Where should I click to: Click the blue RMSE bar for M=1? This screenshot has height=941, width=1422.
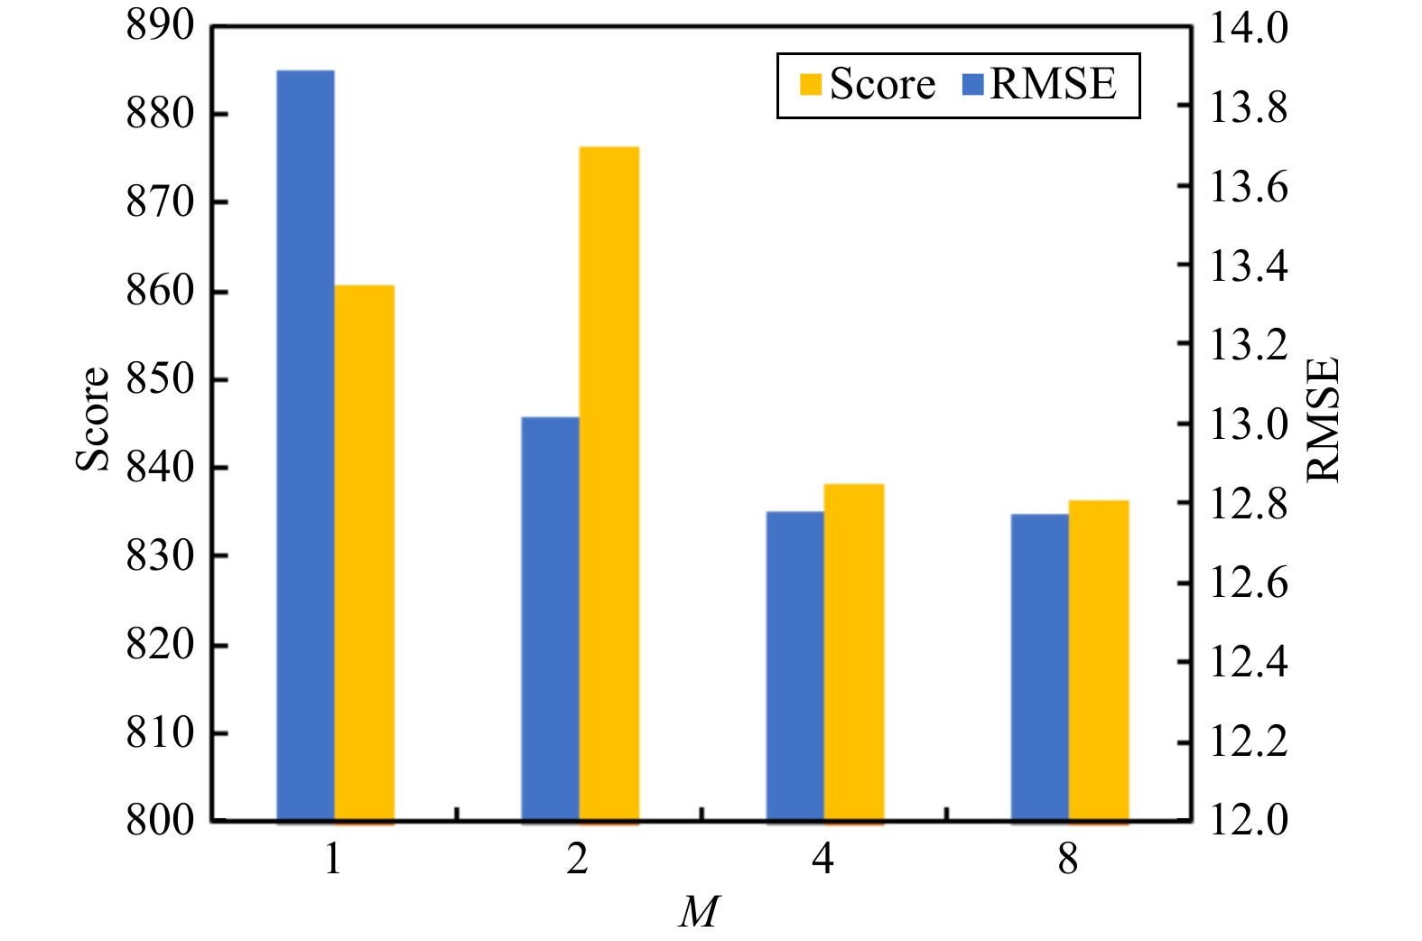[x=306, y=447]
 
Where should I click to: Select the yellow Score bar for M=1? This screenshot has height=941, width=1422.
[x=365, y=555]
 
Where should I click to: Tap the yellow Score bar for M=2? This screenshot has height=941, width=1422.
[x=609, y=486]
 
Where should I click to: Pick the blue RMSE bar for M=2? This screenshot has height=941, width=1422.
[x=551, y=620]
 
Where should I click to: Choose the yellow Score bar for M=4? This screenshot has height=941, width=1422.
[x=854, y=654]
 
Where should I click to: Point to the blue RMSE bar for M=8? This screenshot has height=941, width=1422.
[x=1040, y=669]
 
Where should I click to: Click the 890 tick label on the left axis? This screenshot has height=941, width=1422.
[x=160, y=27]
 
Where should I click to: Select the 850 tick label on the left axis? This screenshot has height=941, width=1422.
[x=160, y=380]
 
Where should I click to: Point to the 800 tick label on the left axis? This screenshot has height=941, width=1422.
[x=160, y=821]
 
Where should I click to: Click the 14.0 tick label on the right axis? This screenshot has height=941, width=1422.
[x=1250, y=29]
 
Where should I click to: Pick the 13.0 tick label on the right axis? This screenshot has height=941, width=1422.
[x=1250, y=424]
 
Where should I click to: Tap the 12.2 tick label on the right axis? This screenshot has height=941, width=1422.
[x=1250, y=742]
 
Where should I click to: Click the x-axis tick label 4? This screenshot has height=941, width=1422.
[x=823, y=861]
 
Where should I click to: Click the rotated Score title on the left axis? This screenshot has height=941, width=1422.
[x=93, y=420]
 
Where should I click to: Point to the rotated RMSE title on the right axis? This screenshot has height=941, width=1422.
[x=1323, y=420]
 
